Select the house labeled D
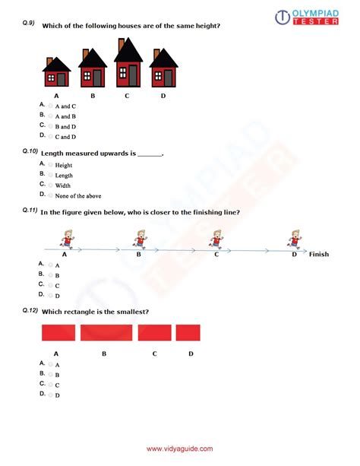[163, 69]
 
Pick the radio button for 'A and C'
[51, 106]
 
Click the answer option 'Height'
[64, 165]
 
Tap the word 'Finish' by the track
[318, 254]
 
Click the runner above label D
[293, 240]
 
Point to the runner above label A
[67, 240]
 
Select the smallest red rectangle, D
[188, 333]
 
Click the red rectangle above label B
[106, 333]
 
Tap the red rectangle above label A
[58, 333]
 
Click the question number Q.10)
[30, 152]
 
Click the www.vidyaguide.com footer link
[179, 449]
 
